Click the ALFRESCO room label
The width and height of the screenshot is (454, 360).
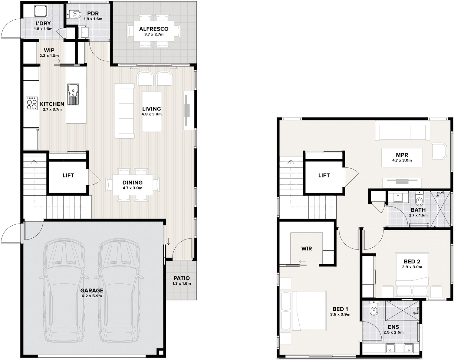pyautogui.click(x=153, y=29)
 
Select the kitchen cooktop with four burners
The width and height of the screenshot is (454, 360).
pyautogui.click(x=32, y=104)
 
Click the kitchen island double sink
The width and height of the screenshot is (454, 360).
pyautogui.click(x=73, y=94)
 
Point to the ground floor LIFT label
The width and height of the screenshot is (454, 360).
pyautogui.click(x=68, y=175)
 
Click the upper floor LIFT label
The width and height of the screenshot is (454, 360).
pyautogui.click(x=324, y=175)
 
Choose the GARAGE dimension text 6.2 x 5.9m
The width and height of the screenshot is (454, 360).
pyautogui.click(x=92, y=296)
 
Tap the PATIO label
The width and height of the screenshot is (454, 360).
pyautogui.click(x=182, y=278)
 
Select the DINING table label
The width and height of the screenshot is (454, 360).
pyautogui.click(x=133, y=183)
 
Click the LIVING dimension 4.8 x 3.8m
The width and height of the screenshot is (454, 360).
pyautogui.click(x=151, y=114)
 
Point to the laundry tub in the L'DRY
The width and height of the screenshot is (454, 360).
pyautogui.click(x=41, y=11)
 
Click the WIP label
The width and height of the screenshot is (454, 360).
pyautogui.click(x=49, y=50)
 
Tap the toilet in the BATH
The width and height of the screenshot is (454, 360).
pyautogui.click(x=419, y=199)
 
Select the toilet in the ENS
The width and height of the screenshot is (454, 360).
pyautogui.click(x=373, y=309)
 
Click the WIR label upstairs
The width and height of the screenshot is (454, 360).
pyautogui.click(x=307, y=249)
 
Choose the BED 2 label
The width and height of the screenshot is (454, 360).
pyautogui.click(x=412, y=262)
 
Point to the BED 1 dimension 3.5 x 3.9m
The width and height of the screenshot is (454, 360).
pyautogui.click(x=340, y=314)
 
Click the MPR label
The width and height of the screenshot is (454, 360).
pyautogui.click(x=402, y=155)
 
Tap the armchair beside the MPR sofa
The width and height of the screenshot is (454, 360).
pyautogui.click(x=439, y=151)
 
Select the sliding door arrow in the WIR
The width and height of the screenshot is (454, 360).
pyautogui.click(x=303, y=261)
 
